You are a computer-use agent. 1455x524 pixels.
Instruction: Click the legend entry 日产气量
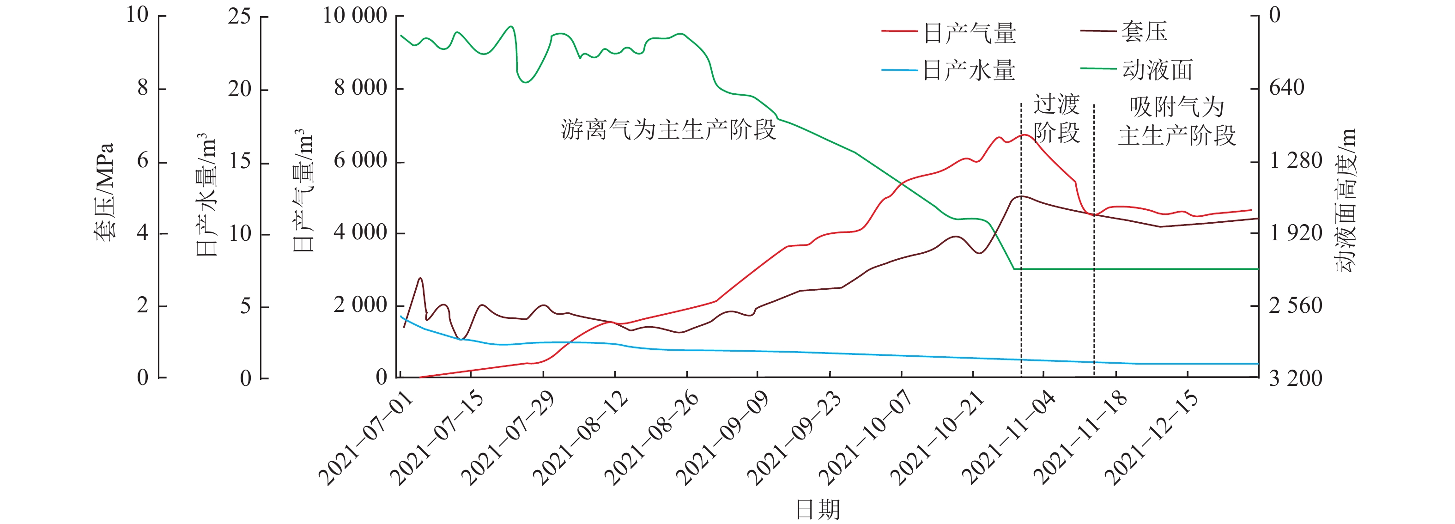pyautogui.click(x=969, y=33)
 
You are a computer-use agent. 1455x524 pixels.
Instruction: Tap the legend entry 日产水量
pyautogui.click(x=969, y=70)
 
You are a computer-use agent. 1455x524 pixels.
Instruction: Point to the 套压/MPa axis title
pyautogui.click(x=104, y=192)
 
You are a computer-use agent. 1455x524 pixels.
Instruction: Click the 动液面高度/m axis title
pyautogui.click(x=1346, y=201)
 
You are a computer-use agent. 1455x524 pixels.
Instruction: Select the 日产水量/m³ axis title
pyautogui.click(x=206, y=195)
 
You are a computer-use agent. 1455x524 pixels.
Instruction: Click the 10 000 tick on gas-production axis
pyautogui.click(x=355, y=16)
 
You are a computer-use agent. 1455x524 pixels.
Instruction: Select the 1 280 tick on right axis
pyautogui.click(x=1296, y=161)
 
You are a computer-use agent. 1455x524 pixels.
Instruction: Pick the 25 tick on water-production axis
pyautogui.click(x=239, y=16)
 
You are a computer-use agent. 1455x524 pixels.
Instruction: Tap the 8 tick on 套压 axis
pyautogui.click(x=143, y=88)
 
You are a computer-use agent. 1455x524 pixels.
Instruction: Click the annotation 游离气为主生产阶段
pyautogui.click(x=668, y=130)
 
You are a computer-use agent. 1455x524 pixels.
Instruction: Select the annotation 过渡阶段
pyautogui.click(x=1056, y=119)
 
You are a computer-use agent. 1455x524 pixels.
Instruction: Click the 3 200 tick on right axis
pyautogui.click(x=1296, y=378)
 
